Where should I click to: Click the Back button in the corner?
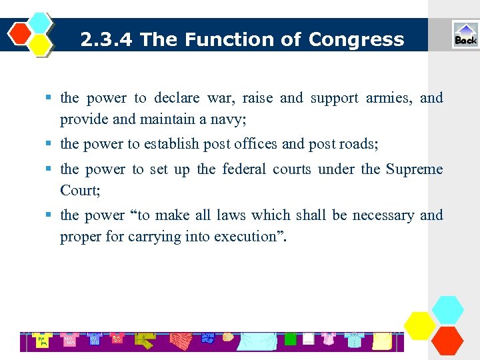pos(465,35)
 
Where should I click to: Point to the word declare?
pos(177,99)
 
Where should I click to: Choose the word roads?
pos(359,144)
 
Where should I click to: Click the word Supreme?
pos(414,169)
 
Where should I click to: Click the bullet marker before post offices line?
pos(50,144)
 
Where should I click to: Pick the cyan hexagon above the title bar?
pos(41,23)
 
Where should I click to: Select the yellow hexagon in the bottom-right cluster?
pos(420,325)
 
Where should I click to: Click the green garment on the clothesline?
pos(290,339)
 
